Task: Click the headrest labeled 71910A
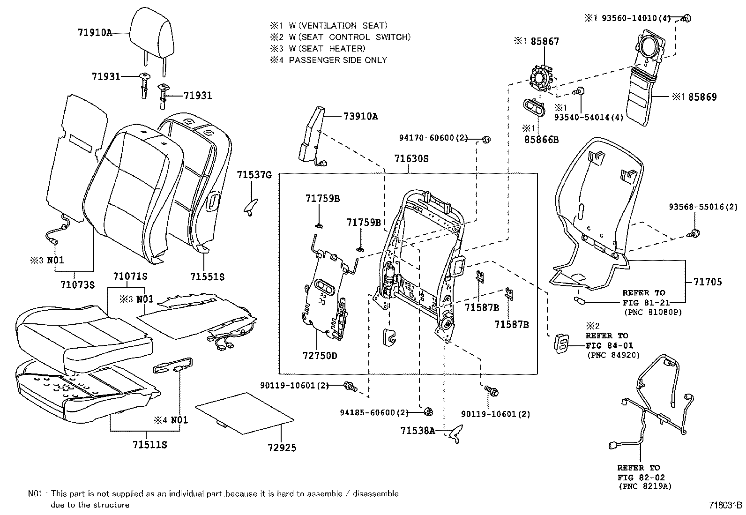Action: point(153,33)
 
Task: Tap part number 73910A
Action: point(360,117)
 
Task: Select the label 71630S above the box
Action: point(411,159)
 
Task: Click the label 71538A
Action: point(418,430)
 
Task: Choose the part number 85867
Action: point(545,42)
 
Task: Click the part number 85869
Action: point(701,97)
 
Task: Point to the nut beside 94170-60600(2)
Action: point(486,139)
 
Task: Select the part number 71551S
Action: point(207,277)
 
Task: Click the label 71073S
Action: point(78,284)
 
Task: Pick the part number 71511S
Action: point(148,444)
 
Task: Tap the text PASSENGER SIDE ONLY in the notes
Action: point(338,60)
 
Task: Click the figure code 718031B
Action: point(725,505)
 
